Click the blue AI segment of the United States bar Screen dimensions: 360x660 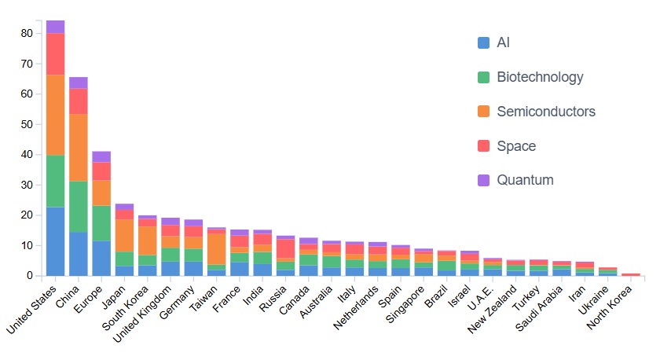click(x=55, y=241)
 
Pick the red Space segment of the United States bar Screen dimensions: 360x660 click(x=55, y=53)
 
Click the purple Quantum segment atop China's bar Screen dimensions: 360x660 click(x=78, y=83)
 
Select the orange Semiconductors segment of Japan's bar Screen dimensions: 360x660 click(x=124, y=235)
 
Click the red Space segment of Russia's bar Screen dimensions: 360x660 click(x=286, y=248)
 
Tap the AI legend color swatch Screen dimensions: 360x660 click(x=484, y=42)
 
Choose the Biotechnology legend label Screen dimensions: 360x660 click(x=540, y=77)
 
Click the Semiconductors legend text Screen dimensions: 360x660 click(x=546, y=112)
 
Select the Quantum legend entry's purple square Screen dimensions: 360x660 click(x=484, y=180)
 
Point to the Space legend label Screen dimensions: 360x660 click(x=516, y=146)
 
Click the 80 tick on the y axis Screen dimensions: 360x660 click(x=27, y=33)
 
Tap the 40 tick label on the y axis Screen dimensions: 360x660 click(x=27, y=154)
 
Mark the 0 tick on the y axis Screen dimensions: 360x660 click(x=31, y=276)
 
